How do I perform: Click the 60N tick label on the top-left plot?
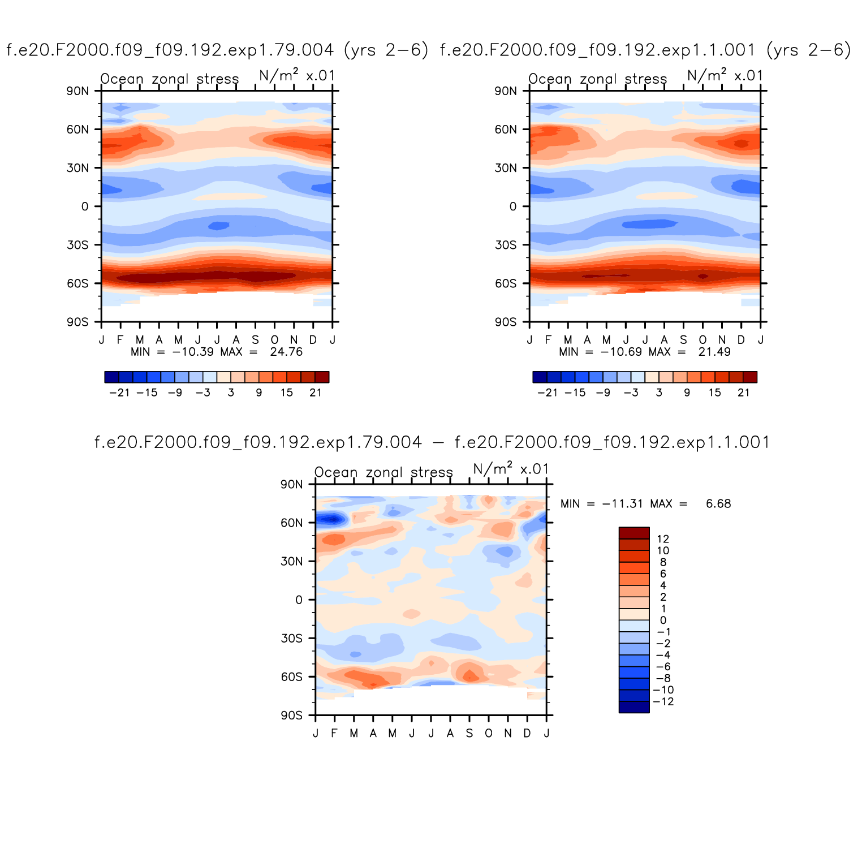pos(77,130)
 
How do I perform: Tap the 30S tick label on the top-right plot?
pos(506,245)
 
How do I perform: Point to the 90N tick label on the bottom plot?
pos(291,484)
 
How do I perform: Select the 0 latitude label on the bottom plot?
pos(299,600)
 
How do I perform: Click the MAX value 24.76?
pos(286,352)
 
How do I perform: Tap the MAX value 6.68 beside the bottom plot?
pos(718,503)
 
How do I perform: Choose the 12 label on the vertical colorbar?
pos(663,539)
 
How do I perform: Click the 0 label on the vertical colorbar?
pos(663,620)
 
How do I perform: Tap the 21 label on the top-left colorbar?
pos(315,393)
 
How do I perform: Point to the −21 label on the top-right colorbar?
pos(548,393)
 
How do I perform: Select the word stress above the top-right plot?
pos(646,79)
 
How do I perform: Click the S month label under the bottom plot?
pos(469,734)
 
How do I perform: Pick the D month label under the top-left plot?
pos(313,340)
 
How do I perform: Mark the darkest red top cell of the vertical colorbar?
pos(634,533)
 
